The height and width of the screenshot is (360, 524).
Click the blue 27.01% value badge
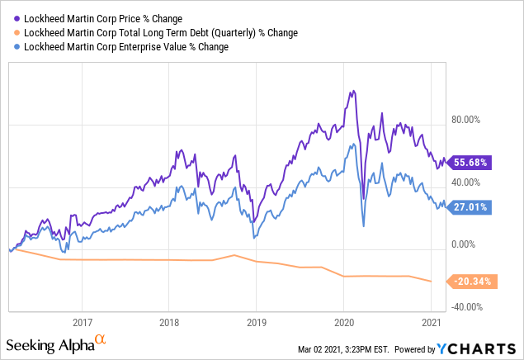coord(470,207)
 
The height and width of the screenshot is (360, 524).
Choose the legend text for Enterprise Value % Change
coord(120,47)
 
